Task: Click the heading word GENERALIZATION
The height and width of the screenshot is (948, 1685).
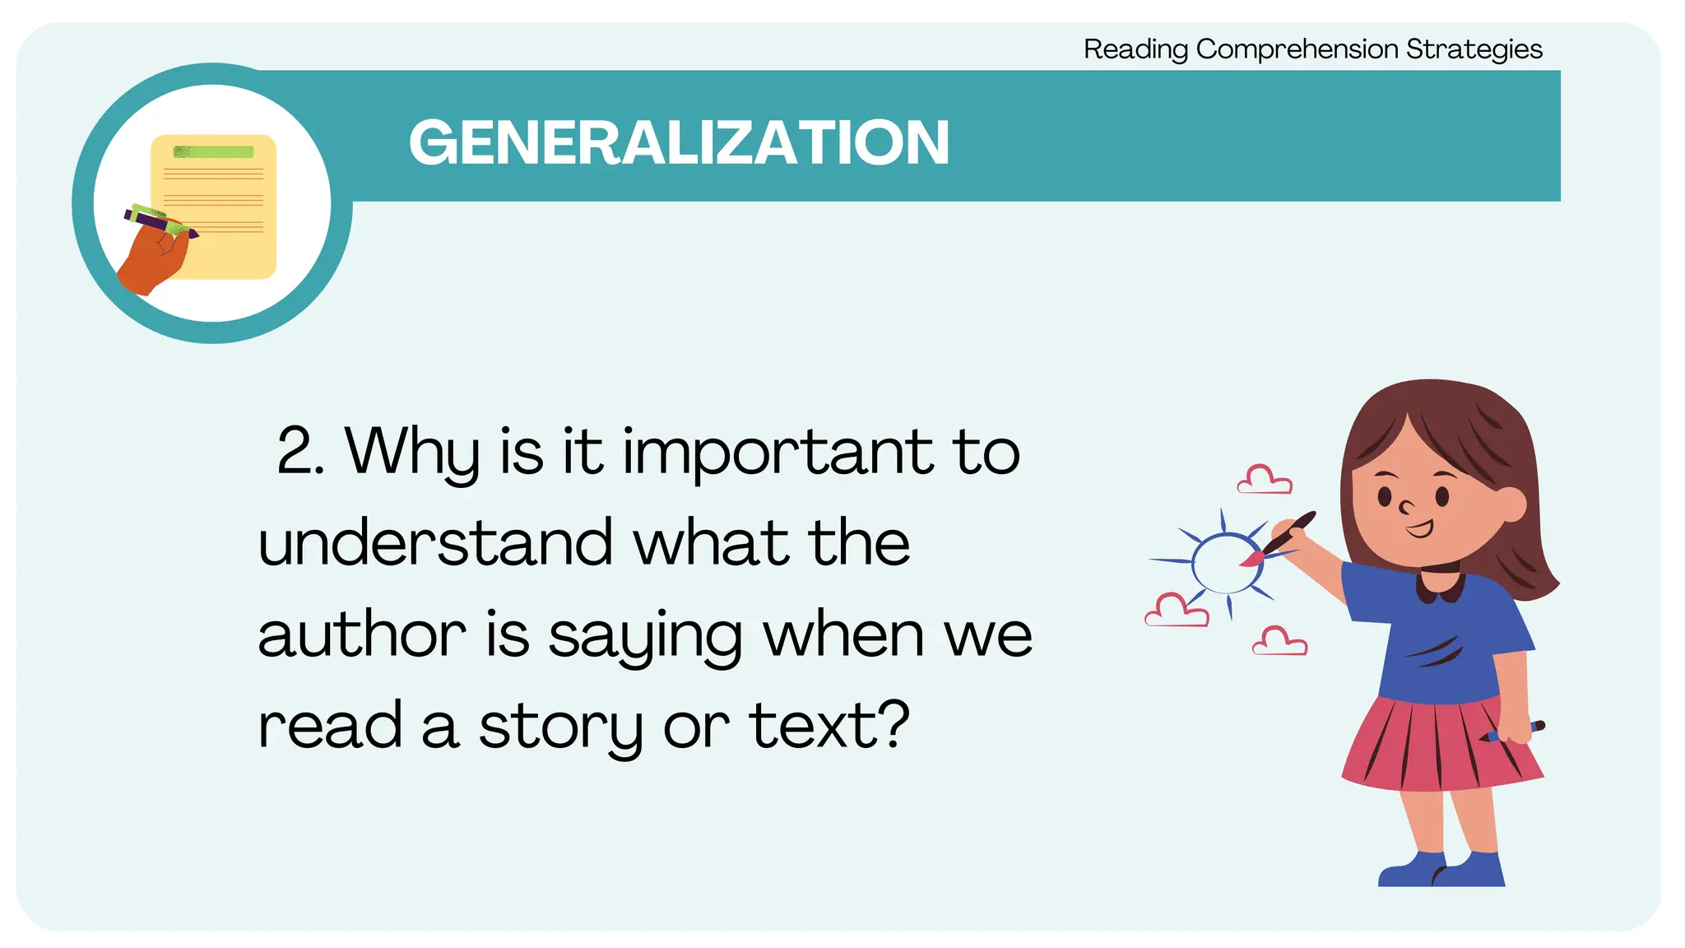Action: [679, 142]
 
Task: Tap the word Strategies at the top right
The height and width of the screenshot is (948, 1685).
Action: [1474, 49]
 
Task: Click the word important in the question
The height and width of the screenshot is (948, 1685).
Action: [777, 453]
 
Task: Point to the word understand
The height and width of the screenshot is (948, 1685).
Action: [435, 543]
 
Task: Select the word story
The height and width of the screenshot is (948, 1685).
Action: [560, 727]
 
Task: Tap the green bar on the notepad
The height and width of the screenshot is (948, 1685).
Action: [213, 152]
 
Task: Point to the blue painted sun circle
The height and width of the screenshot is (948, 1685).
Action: [1226, 563]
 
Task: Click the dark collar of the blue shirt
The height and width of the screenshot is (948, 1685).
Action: [1439, 584]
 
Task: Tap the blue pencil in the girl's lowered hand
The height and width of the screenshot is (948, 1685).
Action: [1518, 730]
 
